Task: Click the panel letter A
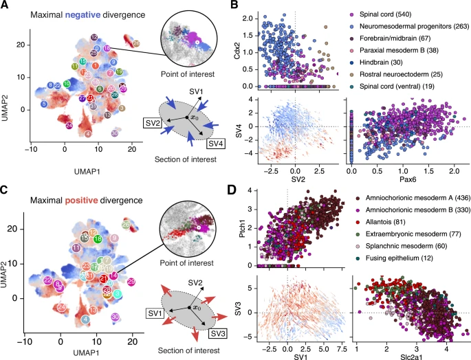pyautogui.click(x=5, y=5)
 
